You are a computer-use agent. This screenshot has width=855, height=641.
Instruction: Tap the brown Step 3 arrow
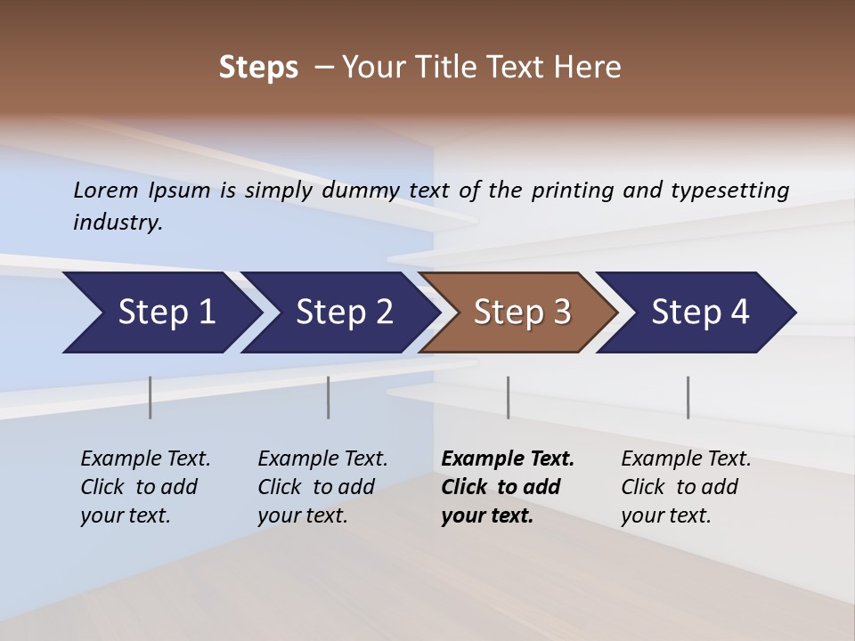point(522,312)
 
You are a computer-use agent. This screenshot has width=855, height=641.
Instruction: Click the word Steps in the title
point(258,68)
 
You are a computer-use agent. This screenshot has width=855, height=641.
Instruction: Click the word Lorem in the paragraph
point(106,190)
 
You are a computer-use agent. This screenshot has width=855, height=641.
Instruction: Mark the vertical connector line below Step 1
point(150,397)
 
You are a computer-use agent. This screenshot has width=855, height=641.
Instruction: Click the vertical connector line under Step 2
point(328,397)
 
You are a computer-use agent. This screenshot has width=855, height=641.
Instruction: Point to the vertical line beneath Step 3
point(508,397)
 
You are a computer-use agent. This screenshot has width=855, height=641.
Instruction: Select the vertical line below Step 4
point(688,397)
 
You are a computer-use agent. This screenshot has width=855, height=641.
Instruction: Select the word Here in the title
point(591,68)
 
